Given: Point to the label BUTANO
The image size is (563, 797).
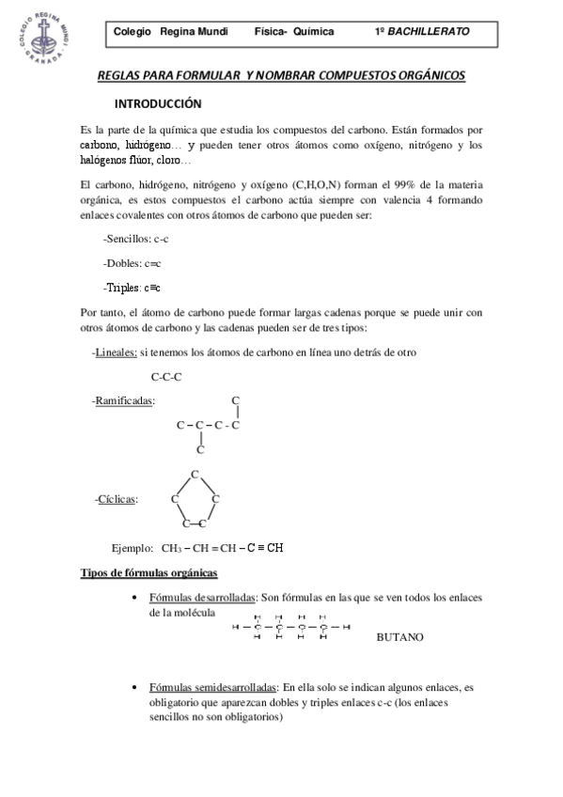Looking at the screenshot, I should point(399,636).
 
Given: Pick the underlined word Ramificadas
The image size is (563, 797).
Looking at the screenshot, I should point(125,401).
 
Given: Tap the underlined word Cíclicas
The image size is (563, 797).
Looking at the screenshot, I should point(117,498).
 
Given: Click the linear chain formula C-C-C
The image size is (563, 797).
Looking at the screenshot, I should point(166,377).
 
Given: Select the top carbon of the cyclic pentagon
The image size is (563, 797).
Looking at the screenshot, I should point(195,473).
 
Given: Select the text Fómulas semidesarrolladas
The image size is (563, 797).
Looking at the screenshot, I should point(213,687).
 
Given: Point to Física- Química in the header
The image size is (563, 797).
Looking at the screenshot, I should point(293,31).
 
